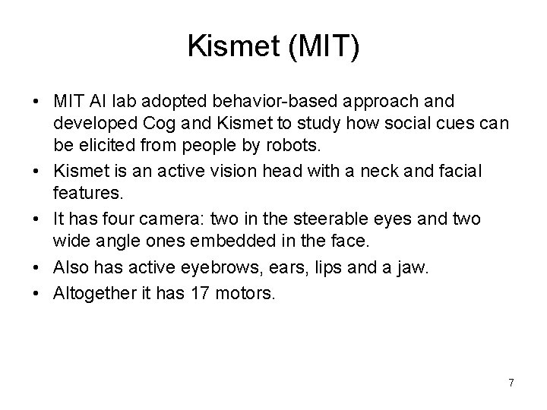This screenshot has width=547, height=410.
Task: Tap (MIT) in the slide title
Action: (x=322, y=48)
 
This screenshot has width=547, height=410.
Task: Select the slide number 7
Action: (x=511, y=382)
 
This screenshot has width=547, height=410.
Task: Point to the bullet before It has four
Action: (x=37, y=218)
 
